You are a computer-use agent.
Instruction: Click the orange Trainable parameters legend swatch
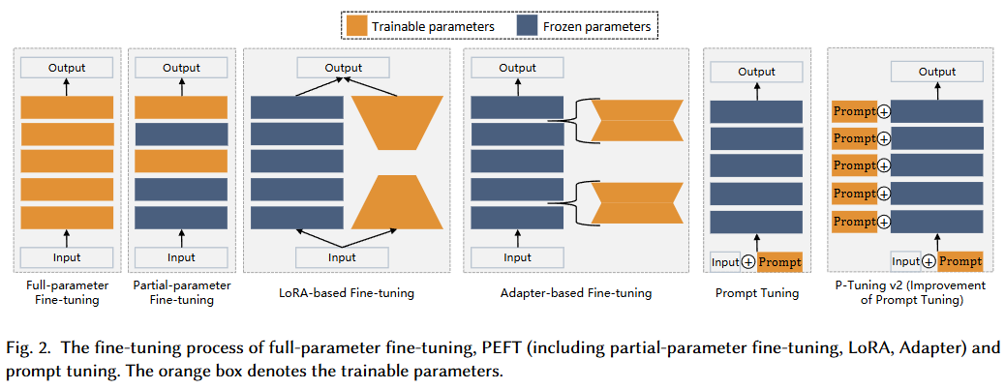(355, 26)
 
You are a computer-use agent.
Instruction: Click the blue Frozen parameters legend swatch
(526, 26)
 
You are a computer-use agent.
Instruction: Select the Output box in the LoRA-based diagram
(343, 68)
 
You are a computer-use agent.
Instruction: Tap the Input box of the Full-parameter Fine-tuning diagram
(67, 257)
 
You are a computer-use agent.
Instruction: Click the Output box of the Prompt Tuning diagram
(756, 72)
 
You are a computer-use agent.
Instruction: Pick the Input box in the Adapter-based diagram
(517, 257)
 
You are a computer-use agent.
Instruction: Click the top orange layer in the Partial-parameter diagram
(181, 107)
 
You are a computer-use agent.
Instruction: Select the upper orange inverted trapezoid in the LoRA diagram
(397, 123)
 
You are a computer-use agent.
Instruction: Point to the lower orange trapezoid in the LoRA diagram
(397, 202)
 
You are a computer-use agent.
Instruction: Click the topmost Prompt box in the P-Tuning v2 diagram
(854, 111)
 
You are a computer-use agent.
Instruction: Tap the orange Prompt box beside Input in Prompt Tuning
(779, 262)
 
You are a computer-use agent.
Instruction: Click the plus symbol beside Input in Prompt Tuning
(749, 263)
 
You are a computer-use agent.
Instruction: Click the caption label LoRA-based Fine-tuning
(347, 293)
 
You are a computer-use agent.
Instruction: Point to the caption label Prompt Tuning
(757, 293)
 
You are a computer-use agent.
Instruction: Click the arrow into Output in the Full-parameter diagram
(67, 87)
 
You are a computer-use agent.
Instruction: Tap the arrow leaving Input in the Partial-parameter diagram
(181, 238)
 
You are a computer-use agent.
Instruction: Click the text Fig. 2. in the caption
(27, 348)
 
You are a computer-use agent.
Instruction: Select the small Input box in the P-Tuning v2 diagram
(905, 261)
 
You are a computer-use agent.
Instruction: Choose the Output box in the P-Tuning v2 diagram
(937, 72)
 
